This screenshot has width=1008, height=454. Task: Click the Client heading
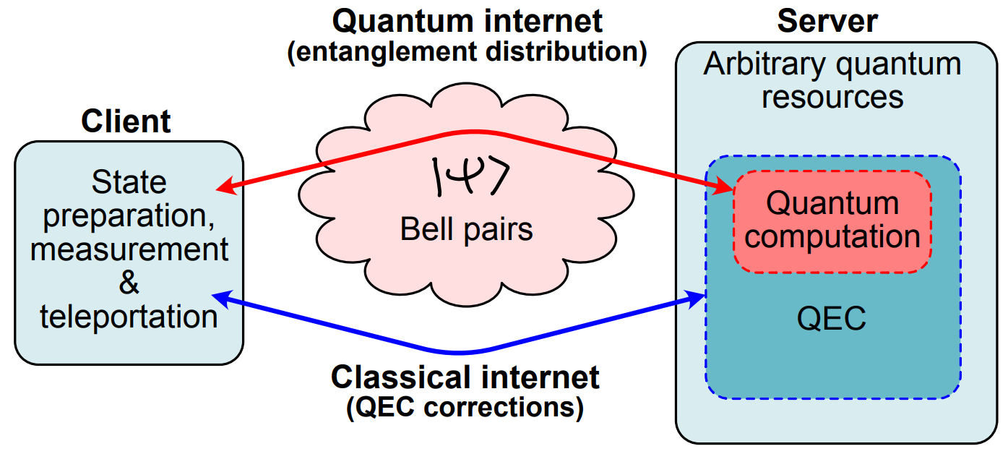126,121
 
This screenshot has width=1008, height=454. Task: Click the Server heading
827,21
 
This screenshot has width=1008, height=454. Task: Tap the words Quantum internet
467,21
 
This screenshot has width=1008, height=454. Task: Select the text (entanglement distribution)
467,52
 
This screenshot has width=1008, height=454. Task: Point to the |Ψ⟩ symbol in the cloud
470,176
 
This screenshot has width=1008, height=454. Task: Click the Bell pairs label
467,230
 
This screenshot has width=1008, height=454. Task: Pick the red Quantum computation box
832,222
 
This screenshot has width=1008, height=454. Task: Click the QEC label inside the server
831,318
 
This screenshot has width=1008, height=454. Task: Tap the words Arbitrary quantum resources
832,81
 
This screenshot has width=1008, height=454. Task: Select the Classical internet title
465,377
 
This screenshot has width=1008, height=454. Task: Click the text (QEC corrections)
465,408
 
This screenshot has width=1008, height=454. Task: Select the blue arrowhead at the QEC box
695,299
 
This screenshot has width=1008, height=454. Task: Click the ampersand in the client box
129,283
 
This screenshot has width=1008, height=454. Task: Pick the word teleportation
129,317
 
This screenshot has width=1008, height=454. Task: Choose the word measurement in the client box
129,249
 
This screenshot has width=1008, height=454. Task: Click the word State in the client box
129,182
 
